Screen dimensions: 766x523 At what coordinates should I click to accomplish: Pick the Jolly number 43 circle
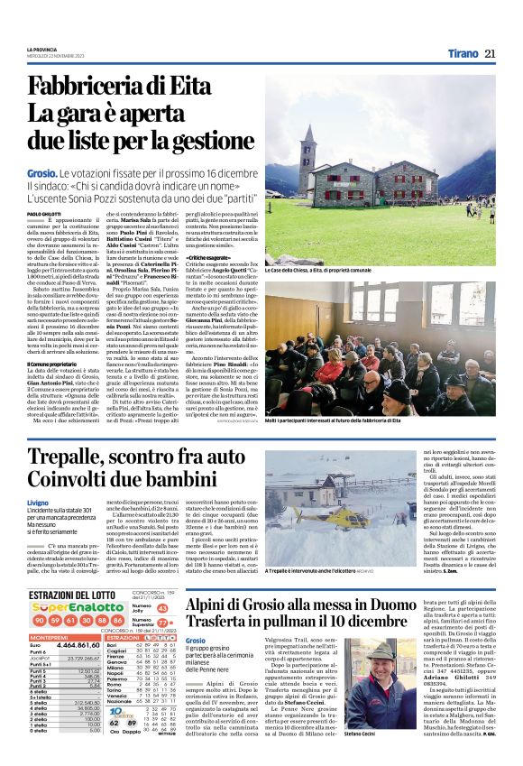162,584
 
